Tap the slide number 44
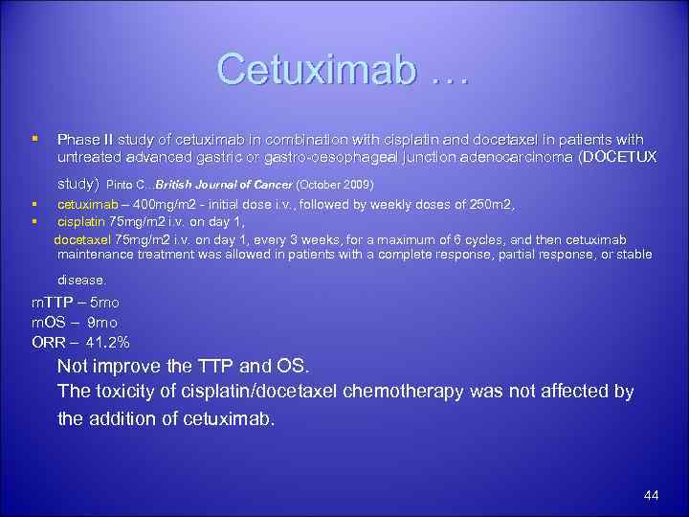pyautogui.click(x=652, y=495)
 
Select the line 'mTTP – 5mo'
pyautogui.click(x=76, y=303)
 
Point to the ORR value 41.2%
pyautogui.click(x=108, y=342)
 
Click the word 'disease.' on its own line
pyautogui.click(x=82, y=281)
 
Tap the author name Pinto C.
pyautogui.click(x=128, y=184)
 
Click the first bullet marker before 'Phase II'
pyautogui.click(x=34, y=140)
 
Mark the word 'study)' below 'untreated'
pyautogui.click(x=78, y=182)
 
